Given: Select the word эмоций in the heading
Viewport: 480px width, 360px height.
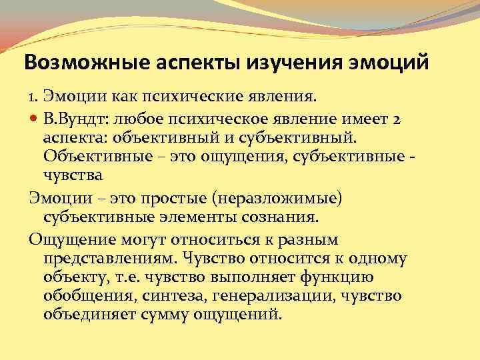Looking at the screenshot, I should pos(393,64).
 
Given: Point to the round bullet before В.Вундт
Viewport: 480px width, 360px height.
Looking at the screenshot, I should pos(33,119).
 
